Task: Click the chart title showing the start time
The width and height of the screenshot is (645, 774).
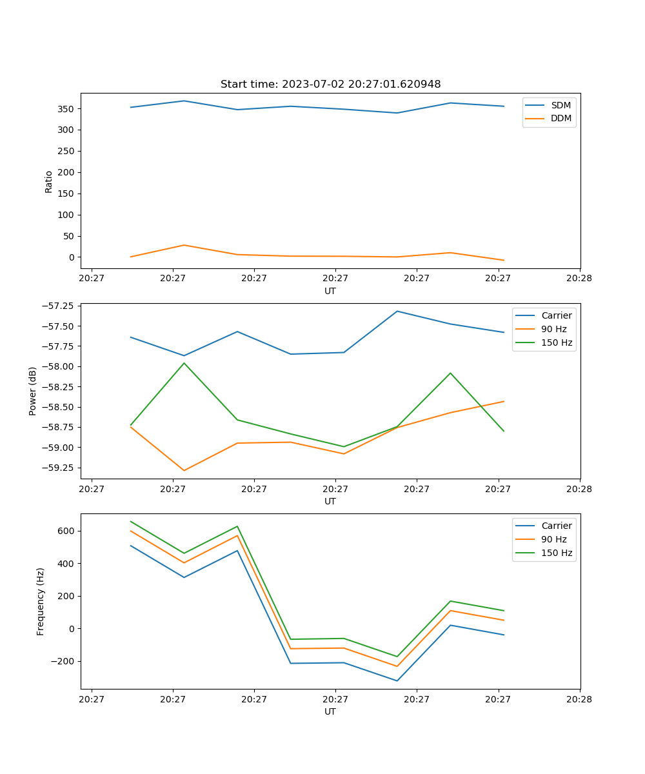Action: [x=330, y=84]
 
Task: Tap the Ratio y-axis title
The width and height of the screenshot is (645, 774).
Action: [x=49, y=181]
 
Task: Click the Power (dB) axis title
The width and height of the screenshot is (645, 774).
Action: [x=33, y=391]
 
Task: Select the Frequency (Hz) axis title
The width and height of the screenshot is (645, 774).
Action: [x=41, y=601]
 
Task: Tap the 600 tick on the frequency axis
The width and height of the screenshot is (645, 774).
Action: [x=68, y=531]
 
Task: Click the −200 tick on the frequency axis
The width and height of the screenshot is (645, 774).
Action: [x=64, y=661]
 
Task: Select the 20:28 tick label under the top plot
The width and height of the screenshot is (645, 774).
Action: [x=579, y=279]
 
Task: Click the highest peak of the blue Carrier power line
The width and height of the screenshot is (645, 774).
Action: [x=397, y=311]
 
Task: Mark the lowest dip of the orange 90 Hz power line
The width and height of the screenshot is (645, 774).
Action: [x=184, y=470]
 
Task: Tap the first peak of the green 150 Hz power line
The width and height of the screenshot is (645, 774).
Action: [x=184, y=363]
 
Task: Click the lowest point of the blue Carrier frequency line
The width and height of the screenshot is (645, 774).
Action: [x=397, y=680]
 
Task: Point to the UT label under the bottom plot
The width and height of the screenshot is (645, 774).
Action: [x=330, y=711]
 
